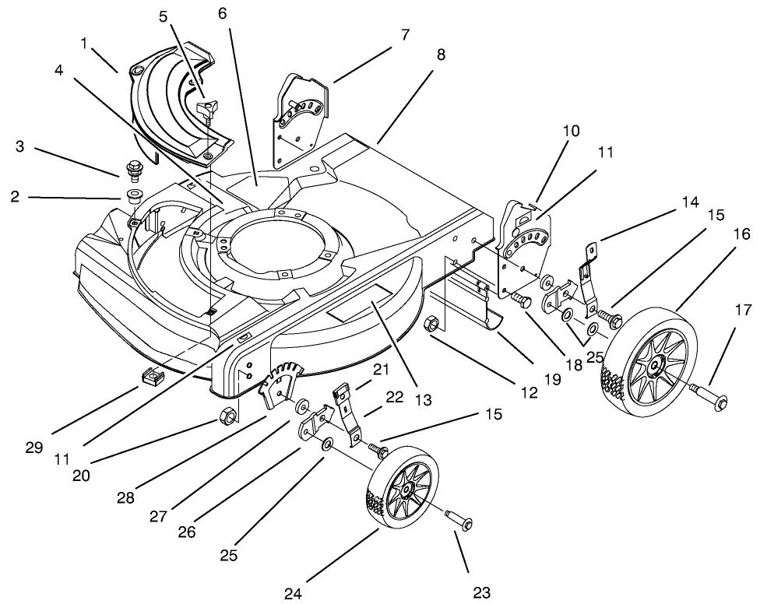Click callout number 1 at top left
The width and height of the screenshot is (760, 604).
pyautogui.click(x=85, y=44)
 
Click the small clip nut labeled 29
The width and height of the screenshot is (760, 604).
pyautogui.click(x=151, y=376)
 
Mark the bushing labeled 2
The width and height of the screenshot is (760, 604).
pyautogui.click(x=133, y=194)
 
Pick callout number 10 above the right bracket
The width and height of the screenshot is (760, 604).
pyautogui.click(x=571, y=132)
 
